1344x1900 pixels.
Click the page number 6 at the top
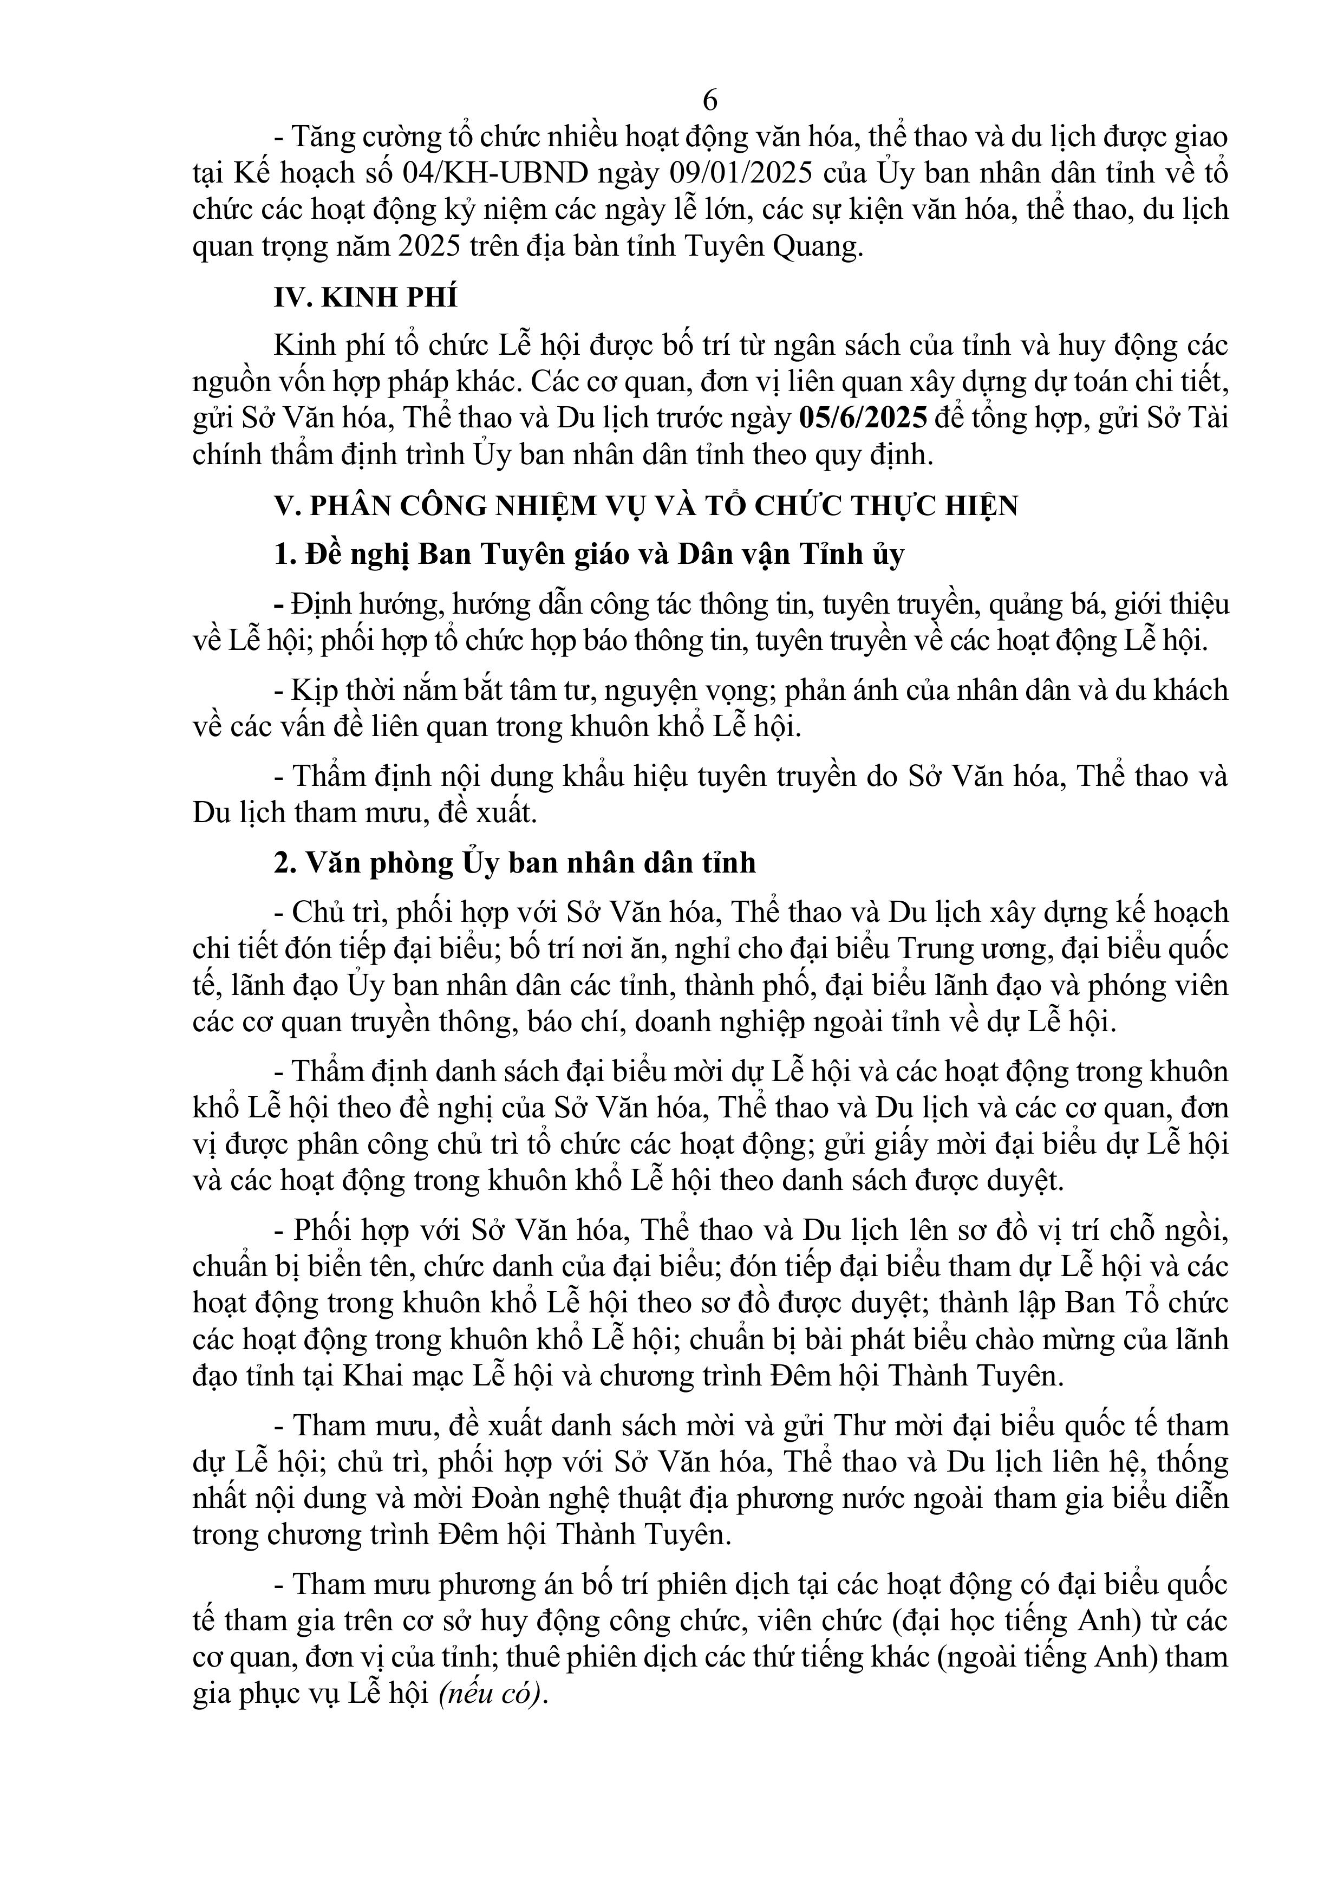click(x=709, y=100)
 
